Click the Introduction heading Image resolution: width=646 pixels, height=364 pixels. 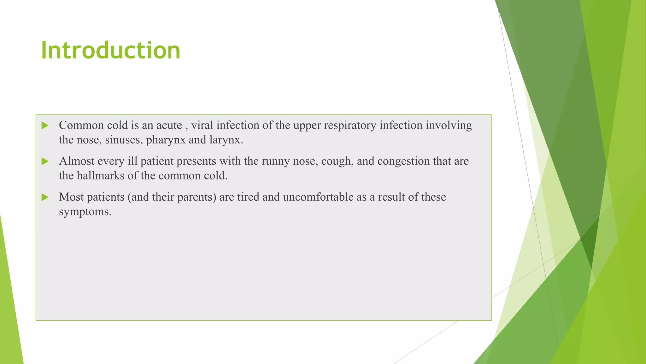click(x=110, y=50)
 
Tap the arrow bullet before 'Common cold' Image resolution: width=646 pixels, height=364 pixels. click(x=45, y=125)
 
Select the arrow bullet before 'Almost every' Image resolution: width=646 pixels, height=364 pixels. click(x=45, y=161)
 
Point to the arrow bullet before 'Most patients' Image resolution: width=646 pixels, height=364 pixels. click(x=45, y=197)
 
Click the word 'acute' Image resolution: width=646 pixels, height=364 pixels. click(x=169, y=125)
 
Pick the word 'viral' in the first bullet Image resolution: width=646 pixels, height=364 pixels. click(x=202, y=125)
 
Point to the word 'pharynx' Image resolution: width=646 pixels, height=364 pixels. click(x=166, y=140)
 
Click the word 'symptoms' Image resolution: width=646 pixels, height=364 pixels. click(x=85, y=212)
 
